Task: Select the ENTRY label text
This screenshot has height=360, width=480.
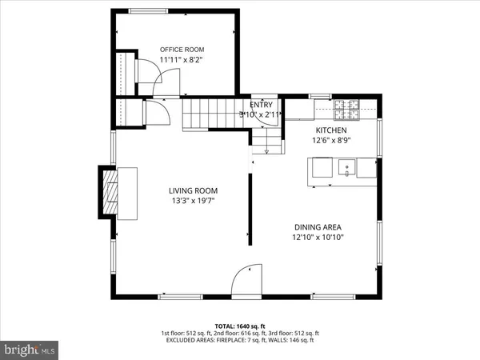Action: pyautogui.click(x=261, y=104)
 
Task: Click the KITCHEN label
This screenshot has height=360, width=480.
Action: pyautogui.click(x=331, y=130)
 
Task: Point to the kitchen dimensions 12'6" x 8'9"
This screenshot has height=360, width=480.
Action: pyautogui.click(x=331, y=140)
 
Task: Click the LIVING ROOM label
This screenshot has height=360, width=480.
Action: pyautogui.click(x=193, y=190)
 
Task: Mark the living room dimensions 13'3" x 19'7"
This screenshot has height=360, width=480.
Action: pyautogui.click(x=193, y=201)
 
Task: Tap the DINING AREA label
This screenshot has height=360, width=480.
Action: pyautogui.click(x=318, y=226)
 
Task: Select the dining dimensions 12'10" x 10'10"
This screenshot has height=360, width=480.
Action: pyautogui.click(x=318, y=237)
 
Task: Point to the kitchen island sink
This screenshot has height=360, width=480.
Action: pyautogui.click(x=347, y=167)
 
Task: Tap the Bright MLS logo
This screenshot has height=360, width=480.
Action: pyautogui.click(x=30, y=350)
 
